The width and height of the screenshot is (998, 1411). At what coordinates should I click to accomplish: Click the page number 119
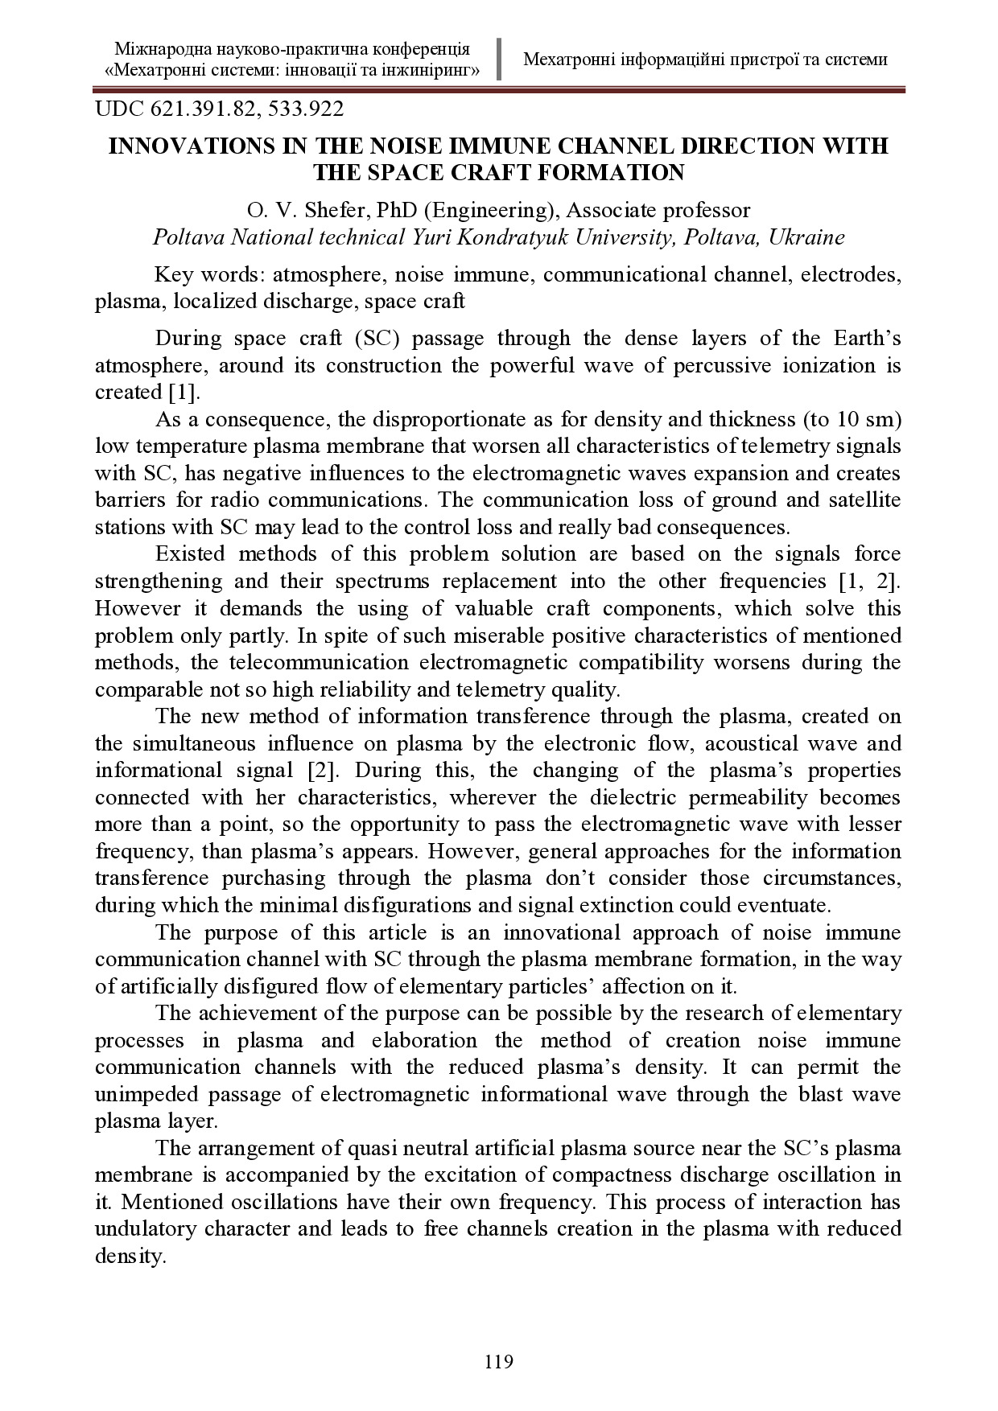pos(498,1362)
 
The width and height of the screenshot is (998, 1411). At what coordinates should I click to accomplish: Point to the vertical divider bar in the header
pos(499,59)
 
